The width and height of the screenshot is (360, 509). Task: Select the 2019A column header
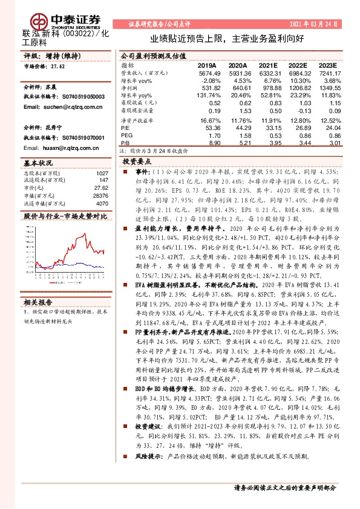[207, 65]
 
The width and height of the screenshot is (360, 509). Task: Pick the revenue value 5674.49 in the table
[207, 73]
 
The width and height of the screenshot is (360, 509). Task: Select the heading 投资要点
[137, 162]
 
